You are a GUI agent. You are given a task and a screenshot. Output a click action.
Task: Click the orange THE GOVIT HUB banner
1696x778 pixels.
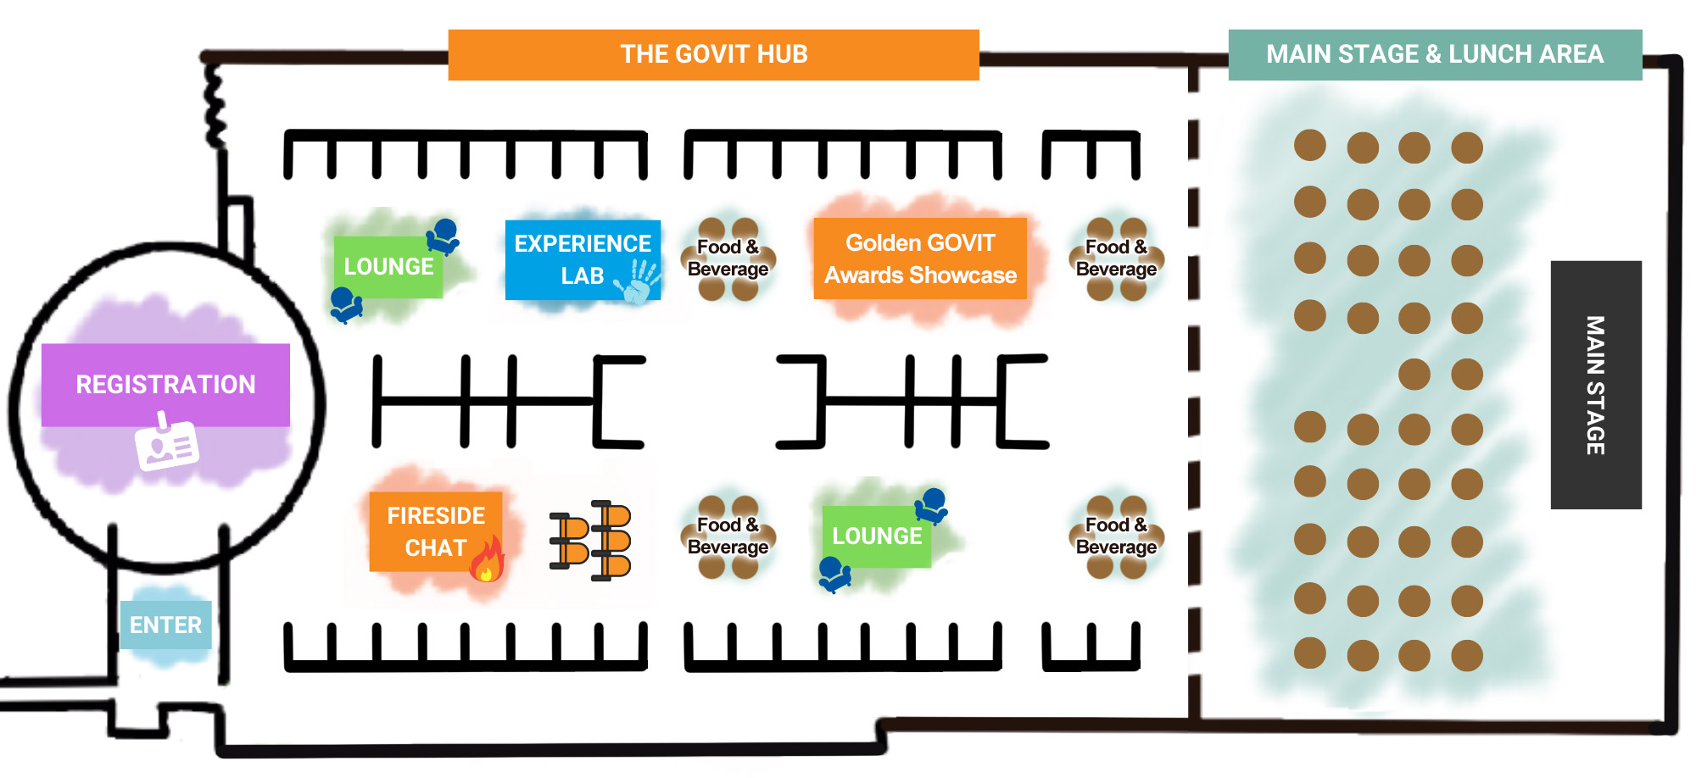click(713, 55)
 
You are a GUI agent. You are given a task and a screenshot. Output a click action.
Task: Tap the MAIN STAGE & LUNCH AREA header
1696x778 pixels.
click(1435, 55)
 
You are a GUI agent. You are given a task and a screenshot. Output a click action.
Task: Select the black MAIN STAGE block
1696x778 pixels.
click(1595, 385)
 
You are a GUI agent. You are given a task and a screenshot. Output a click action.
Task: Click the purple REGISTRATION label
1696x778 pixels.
click(165, 385)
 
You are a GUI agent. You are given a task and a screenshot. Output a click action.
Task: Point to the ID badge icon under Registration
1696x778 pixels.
click(167, 442)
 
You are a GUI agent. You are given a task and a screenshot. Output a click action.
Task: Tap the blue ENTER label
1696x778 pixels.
click(165, 625)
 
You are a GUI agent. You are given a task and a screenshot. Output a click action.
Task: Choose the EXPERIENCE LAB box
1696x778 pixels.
click(582, 259)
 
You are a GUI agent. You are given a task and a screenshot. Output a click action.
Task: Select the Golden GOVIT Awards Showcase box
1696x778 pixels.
click(920, 258)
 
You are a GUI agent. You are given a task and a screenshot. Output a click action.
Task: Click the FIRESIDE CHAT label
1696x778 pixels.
click(435, 531)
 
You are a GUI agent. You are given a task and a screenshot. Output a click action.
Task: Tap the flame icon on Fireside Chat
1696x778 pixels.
click(488, 560)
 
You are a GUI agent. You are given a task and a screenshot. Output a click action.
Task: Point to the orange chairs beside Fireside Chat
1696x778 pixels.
click(592, 540)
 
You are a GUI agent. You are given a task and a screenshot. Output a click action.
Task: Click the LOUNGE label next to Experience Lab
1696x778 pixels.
click(388, 267)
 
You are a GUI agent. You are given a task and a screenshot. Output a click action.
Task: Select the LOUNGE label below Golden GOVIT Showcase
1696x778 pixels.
click(877, 536)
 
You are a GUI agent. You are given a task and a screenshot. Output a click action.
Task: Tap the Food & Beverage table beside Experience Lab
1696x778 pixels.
click(728, 258)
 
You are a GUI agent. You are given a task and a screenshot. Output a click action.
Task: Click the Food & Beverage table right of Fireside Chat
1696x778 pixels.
click(728, 536)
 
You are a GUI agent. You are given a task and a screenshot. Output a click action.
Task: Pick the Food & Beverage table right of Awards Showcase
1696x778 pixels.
click(1116, 258)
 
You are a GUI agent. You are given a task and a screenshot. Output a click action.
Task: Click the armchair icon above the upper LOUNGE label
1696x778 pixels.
click(443, 236)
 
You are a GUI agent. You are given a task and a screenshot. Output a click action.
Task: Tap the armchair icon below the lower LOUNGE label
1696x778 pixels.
click(834, 574)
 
